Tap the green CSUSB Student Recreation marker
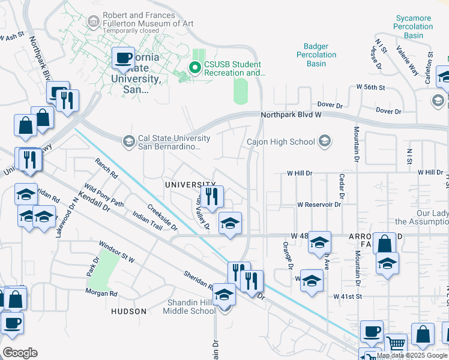pos(194,68)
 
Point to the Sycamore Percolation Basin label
pos(413,26)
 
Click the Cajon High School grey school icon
pos(324,142)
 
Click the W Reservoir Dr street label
pos(319,205)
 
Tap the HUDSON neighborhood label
pos(128,311)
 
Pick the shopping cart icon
pos(396,344)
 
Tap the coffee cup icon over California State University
pos(124,59)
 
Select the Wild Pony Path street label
pos(104,196)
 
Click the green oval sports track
pos(241,91)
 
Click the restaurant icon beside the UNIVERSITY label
pos(211,196)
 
